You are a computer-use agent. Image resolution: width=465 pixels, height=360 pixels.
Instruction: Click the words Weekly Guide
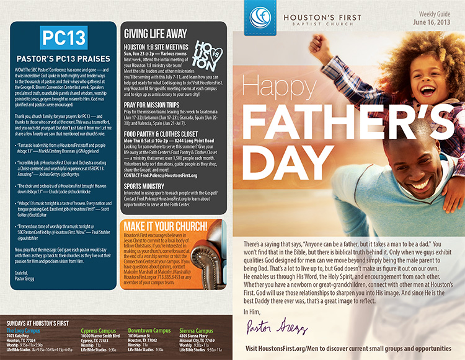tap(441, 13)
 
